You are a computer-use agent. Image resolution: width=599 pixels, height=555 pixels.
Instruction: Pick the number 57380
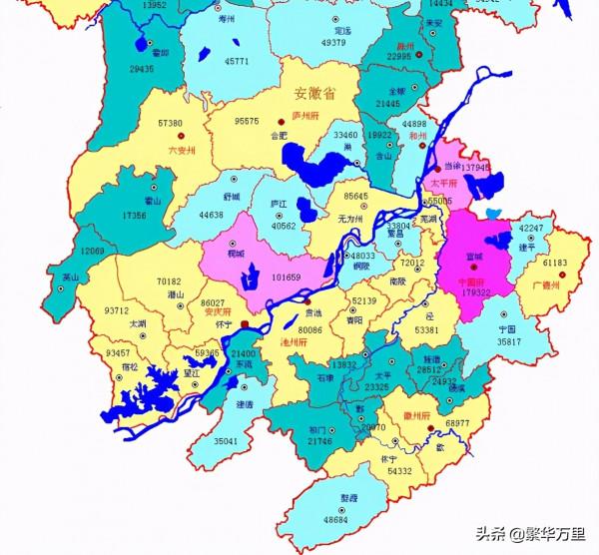(x=170, y=123)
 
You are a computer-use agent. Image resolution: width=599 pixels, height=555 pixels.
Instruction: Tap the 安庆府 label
(x=216, y=310)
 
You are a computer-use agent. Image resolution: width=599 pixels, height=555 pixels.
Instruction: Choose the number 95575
(x=246, y=121)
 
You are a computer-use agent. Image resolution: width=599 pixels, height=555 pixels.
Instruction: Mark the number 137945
(x=474, y=168)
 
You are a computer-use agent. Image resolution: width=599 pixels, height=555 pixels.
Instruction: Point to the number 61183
(x=555, y=263)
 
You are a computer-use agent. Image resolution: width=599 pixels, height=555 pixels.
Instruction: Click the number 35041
(x=227, y=439)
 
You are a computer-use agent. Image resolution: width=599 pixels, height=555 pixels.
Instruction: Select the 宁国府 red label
(x=470, y=281)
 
